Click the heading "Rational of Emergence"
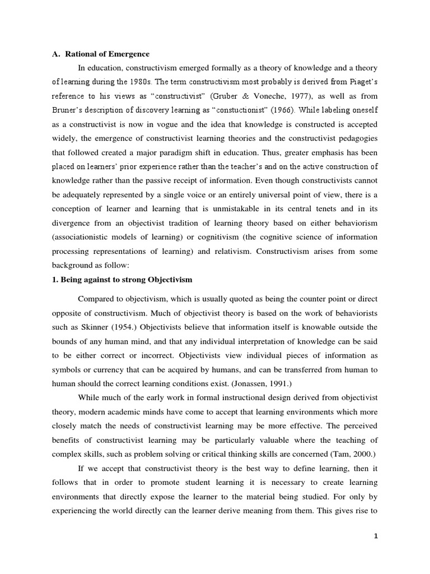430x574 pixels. point(107,54)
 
